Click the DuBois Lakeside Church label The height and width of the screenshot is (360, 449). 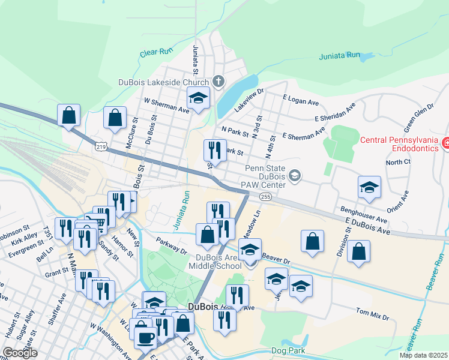click(x=163, y=82)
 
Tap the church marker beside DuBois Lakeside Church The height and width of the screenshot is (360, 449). click(x=218, y=82)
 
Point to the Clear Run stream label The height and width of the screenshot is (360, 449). click(x=156, y=53)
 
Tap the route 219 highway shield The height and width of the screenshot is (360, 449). click(x=100, y=146)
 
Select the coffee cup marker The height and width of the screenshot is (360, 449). click(x=145, y=338)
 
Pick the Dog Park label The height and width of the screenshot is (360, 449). click(x=289, y=351)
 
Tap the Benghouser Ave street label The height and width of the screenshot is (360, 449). click(x=361, y=210)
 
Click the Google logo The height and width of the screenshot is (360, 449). click(x=20, y=353)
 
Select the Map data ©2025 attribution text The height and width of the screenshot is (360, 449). click(x=423, y=355)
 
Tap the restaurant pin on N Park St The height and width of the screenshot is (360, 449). click(x=215, y=149)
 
